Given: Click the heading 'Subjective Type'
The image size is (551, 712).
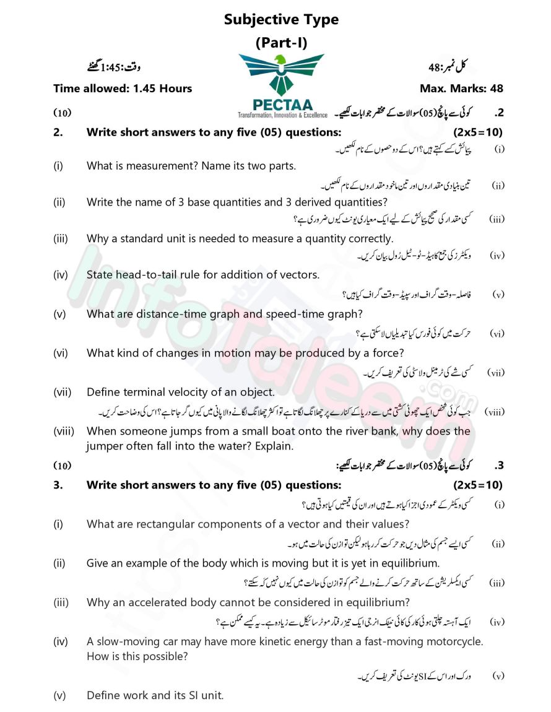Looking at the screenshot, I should coord(281,19).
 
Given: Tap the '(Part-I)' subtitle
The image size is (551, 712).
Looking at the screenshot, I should coord(281,43).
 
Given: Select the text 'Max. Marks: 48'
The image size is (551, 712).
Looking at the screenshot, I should coord(461,89).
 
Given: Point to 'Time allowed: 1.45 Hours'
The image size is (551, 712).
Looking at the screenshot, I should coord(123,89).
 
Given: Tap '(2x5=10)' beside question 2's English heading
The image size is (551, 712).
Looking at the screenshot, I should coord(477,132).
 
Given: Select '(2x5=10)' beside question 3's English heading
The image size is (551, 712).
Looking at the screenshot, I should coord(477,485).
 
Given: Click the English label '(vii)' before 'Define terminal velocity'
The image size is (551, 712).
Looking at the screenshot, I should coord(62,392).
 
